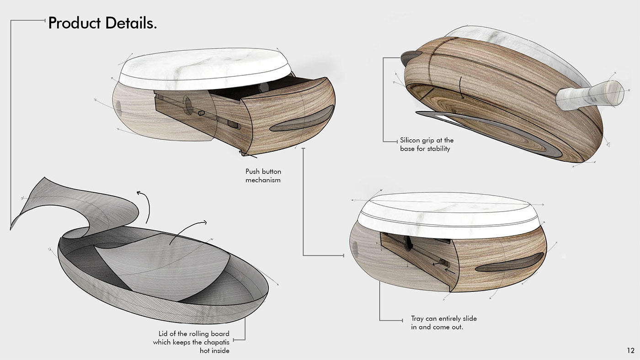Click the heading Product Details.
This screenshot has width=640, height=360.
pos(102,23)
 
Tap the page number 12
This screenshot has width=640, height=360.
pos(630,351)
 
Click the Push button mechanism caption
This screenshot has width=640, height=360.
pos(263,176)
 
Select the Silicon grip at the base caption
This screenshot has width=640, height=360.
pos(427,144)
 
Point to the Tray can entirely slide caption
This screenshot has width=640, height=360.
pos(443,323)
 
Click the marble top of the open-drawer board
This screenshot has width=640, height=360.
pos(205,68)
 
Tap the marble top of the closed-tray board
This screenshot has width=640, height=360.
pos(450,214)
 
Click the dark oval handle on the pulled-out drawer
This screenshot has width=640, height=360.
pos(302,120)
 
